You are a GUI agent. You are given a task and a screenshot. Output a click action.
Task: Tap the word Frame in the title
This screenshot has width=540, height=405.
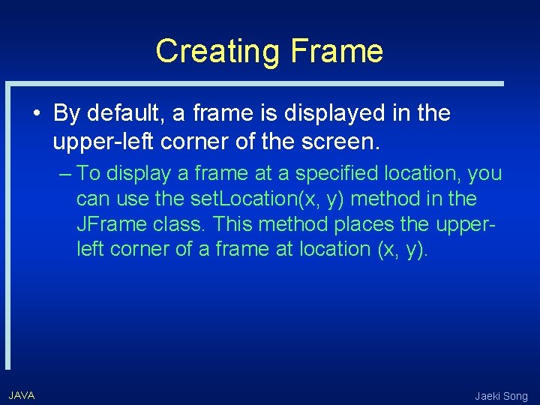click(x=336, y=52)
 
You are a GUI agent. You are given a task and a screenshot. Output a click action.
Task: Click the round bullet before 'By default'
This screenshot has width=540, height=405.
click(x=37, y=114)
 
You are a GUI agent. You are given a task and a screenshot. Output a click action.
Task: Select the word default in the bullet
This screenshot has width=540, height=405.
click(x=125, y=114)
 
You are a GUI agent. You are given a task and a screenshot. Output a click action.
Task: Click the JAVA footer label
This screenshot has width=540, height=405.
click(x=22, y=395)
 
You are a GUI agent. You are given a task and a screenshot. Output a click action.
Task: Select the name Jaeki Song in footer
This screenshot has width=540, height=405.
click(x=501, y=396)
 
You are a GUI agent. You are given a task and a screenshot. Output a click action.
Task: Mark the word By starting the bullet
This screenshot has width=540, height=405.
click(x=67, y=114)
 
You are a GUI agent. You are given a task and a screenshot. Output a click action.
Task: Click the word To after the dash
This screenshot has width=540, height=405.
click(x=88, y=174)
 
